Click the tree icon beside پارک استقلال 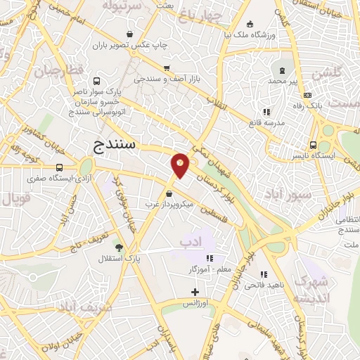click(118, 247)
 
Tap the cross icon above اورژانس click(195, 292)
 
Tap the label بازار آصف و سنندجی click(167, 79)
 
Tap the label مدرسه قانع click(266, 123)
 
